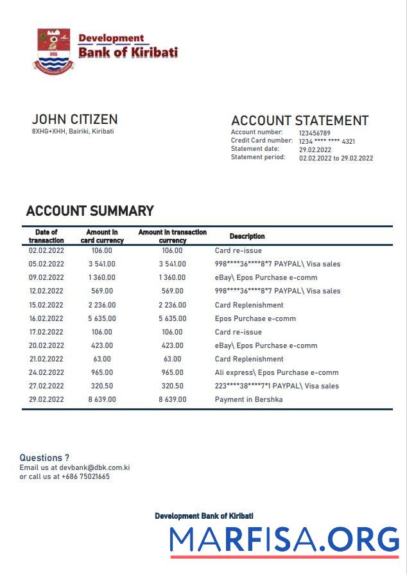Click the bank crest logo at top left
(x=53, y=49)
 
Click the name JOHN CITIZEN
(x=74, y=119)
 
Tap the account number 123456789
(x=315, y=134)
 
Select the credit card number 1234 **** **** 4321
(x=327, y=141)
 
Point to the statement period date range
(x=336, y=158)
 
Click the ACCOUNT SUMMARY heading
(x=90, y=211)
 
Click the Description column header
(x=247, y=236)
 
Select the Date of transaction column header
(x=46, y=236)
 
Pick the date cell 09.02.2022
(x=46, y=278)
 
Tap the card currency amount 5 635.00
(x=101, y=318)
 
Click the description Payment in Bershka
(x=248, y=399)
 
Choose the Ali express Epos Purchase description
(x=276, y=372)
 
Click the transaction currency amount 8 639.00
(x=172, y=399)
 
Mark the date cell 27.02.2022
(x=46, y=386)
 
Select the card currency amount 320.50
(x=101, y=386)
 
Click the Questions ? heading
(x=44, y=458)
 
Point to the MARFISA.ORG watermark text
(x=284, y=539)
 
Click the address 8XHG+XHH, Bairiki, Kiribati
(x=73, y=132)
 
